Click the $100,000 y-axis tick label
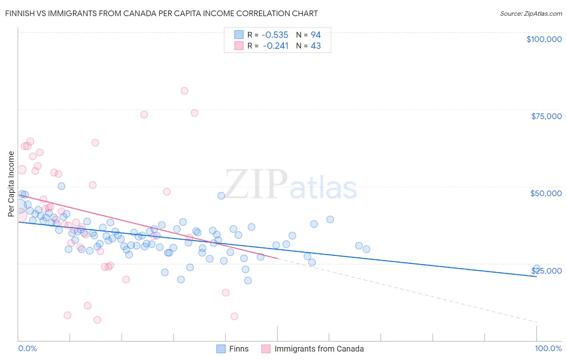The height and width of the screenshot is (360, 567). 544,39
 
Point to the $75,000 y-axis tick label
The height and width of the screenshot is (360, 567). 546,116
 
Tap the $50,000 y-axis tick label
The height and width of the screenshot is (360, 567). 546,193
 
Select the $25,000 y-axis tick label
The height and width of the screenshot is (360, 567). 546,271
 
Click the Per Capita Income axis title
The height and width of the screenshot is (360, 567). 11,184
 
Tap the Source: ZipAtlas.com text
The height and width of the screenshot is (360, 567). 531,14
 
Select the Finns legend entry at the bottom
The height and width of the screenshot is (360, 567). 239,349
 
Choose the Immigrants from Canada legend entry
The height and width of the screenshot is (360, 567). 319,349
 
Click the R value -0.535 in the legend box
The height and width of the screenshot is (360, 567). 275,35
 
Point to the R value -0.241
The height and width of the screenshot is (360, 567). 275,46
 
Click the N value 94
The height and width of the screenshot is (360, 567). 316,35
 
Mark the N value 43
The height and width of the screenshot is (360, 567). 316,46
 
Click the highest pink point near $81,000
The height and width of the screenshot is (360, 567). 184,91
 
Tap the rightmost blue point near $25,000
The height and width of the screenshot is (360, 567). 536,268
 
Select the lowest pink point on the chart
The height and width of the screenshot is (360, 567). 97,320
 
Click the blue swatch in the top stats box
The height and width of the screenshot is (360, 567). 239,35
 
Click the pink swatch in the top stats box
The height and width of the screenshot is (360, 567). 239,46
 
